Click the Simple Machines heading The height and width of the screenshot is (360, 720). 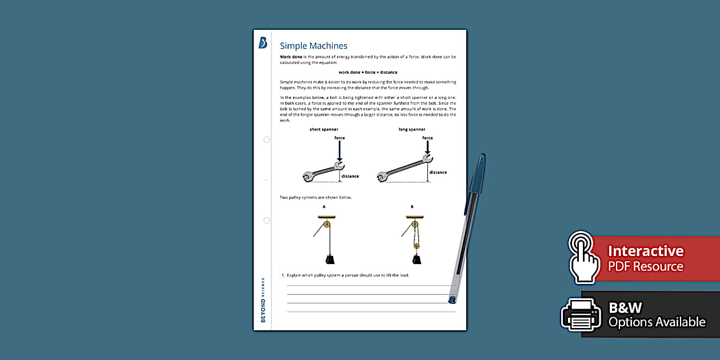pos(313,46)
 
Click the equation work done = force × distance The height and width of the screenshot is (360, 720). pos(367,73)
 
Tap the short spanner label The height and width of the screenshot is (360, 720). pos(323,130)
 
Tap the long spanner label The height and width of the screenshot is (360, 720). pos(411,130)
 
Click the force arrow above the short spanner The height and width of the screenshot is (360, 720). pos(339,151)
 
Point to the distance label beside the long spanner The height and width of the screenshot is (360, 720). pos(438,172)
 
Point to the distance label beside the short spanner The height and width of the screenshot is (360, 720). pos(350,176)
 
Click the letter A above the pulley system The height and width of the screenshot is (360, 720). pos(324,207)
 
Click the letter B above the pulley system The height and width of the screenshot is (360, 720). pos(411,207)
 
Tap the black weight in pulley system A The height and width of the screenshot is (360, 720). pos(330,259)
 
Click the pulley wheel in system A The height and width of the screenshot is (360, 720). pos(327,225)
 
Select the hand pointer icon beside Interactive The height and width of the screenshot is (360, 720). pos(584,257)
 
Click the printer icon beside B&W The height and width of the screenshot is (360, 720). pos(581,314)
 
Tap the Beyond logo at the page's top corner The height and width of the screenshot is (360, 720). pos(263,43)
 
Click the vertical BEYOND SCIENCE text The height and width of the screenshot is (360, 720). pos(263,300)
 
